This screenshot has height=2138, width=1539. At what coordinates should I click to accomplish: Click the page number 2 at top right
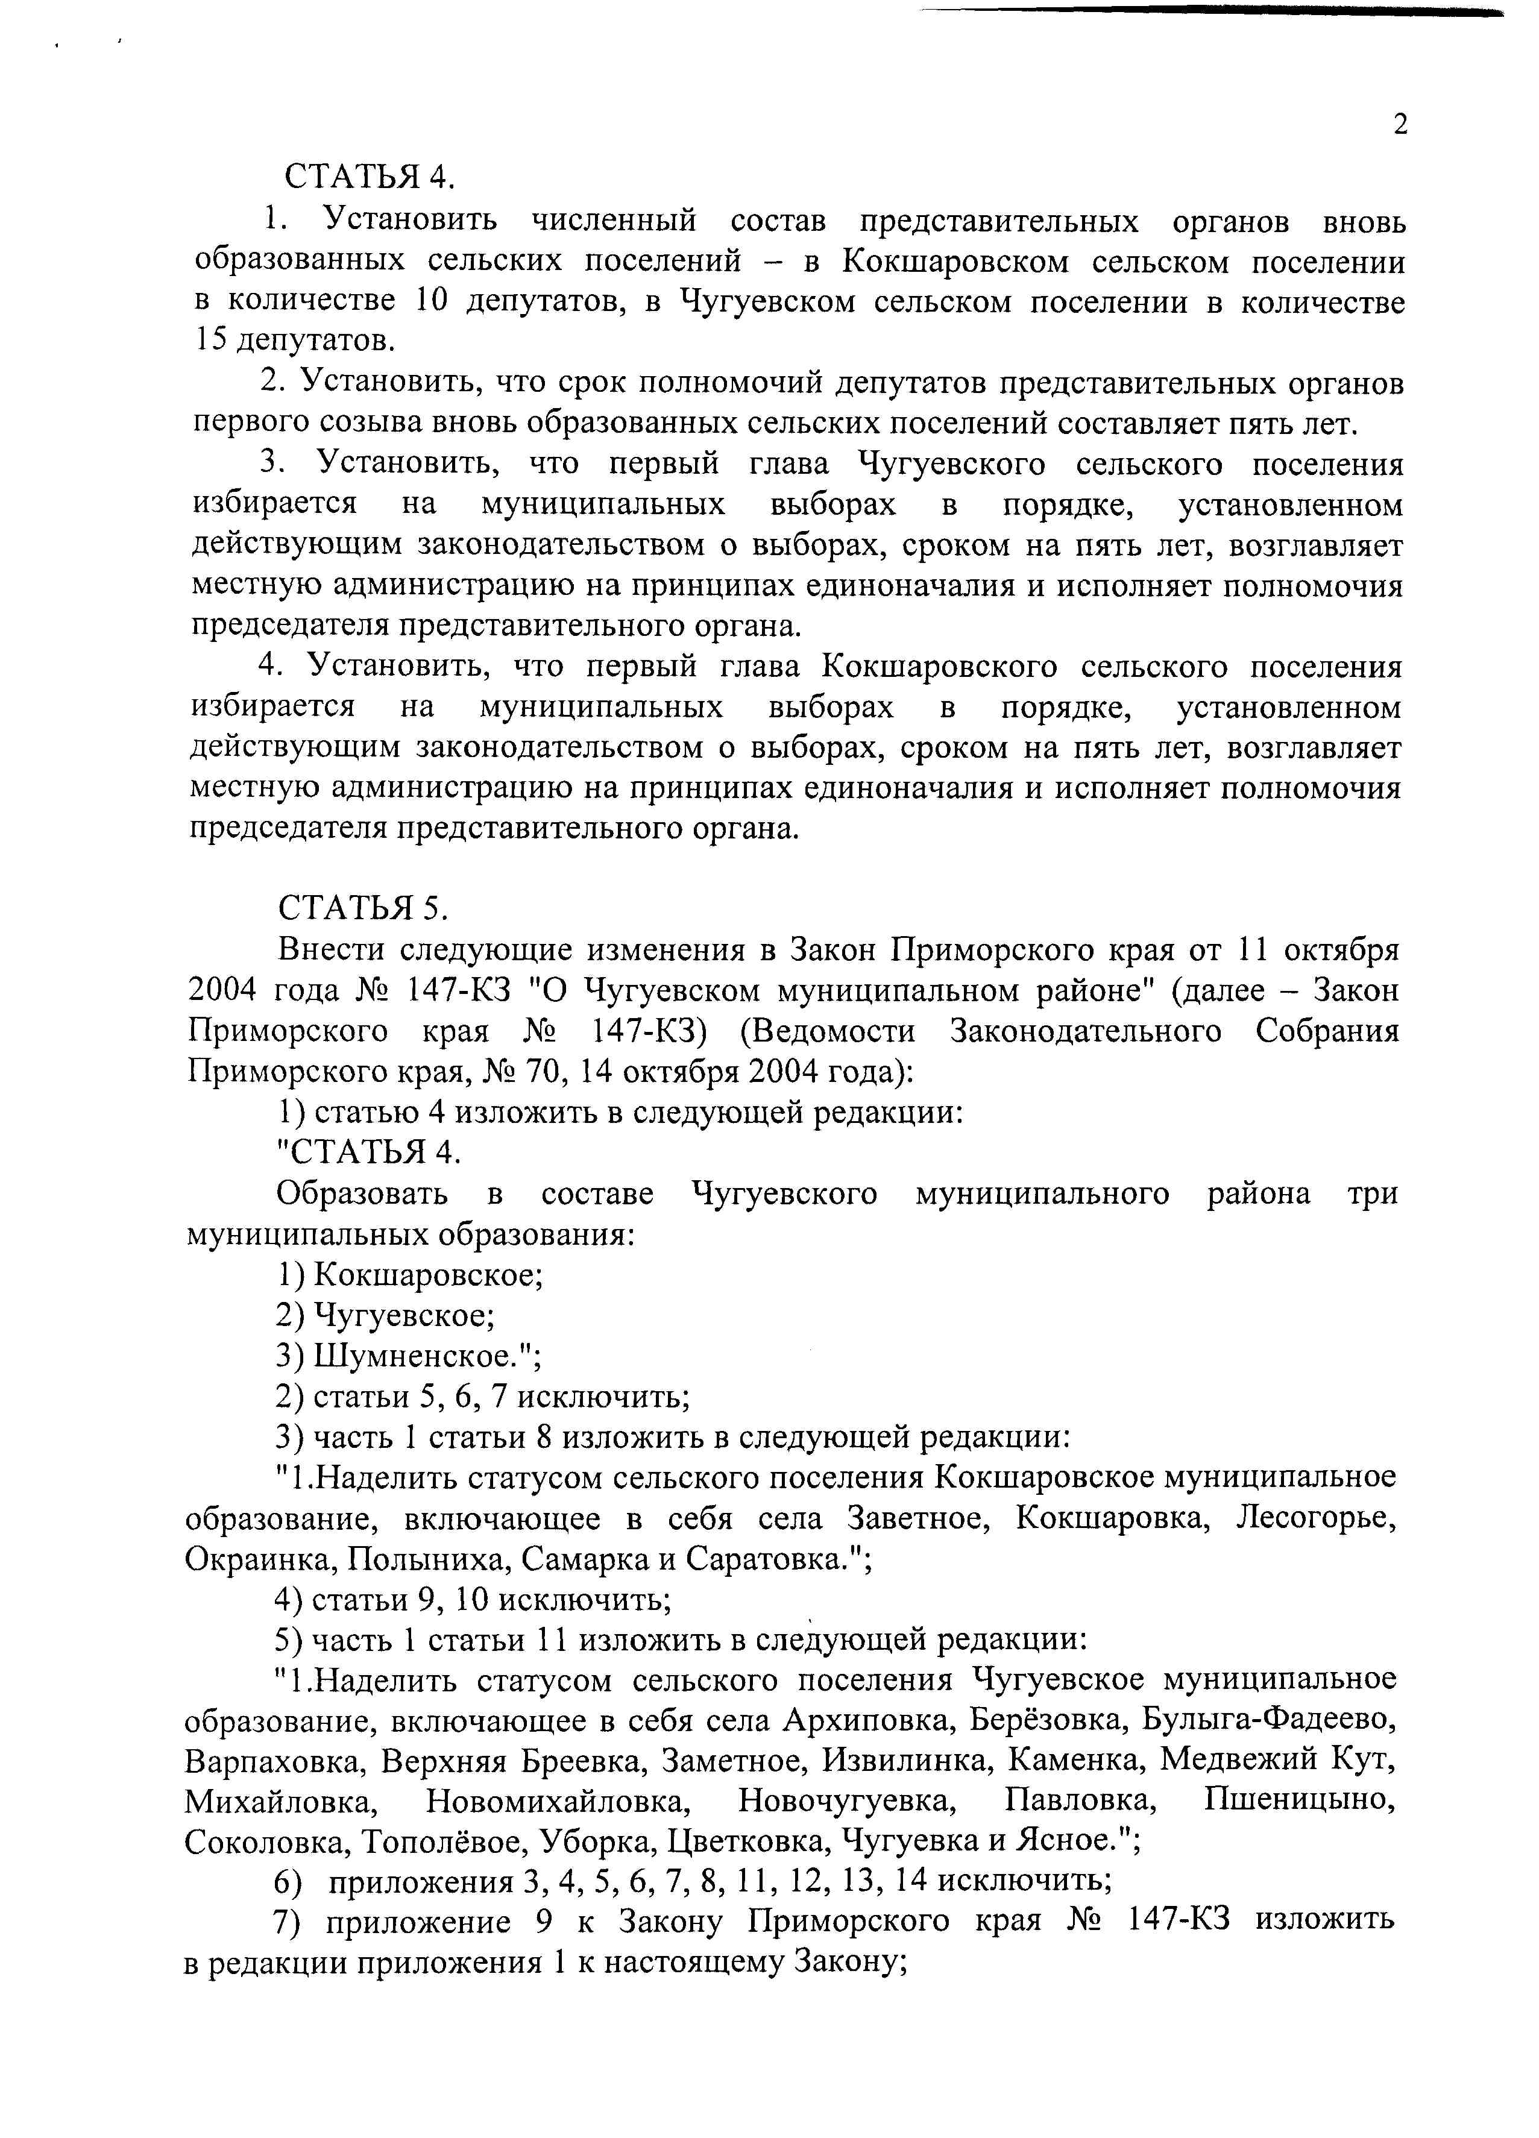click(x=1399, y=124)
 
